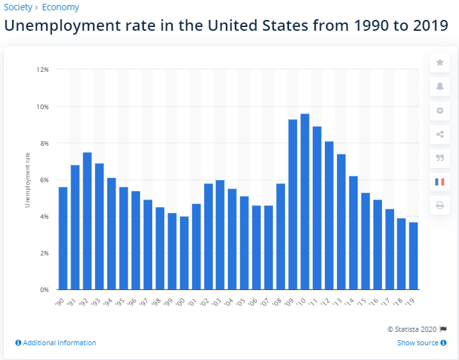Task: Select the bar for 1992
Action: click(87, 221)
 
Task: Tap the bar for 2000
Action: click(184, 253)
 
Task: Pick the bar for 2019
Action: click(413, 256)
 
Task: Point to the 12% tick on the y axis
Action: click(43, 69)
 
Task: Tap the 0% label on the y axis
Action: click(45, 290)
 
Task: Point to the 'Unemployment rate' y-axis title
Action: click(27, 180)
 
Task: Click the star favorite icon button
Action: click(440, 62)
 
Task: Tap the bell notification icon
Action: click(440, 86)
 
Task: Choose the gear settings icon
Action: click(440, 110)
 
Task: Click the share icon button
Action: click(440, 134)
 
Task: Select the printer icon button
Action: click(440, 205)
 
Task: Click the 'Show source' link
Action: click(418, 343)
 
